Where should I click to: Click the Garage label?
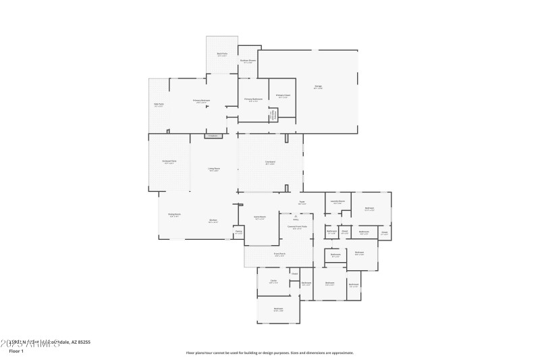(x=318, y=86)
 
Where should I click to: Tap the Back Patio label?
(x=222, y=53)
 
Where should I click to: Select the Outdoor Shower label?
(x=248, y=61)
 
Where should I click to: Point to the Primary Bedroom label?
(x=201, y=101)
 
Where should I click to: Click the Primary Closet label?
(x=283, y=96)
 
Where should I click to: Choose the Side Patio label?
(x=159, y=104)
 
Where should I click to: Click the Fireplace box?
(x=214, y=136)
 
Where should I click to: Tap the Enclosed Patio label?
(x=169, y=162)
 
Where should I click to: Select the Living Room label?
(x=214, y=169)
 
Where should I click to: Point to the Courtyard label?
(x=270, y=162)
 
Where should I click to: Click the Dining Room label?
(x=174, y=215)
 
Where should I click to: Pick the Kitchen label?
(x=213, y=220)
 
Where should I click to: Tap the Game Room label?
(x=260, y=217)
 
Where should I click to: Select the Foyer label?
(x=302, y=202)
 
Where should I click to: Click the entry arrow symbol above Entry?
(x=296, y=215)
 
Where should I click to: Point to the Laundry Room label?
(x=337, y=201)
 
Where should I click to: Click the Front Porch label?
(x=279, y=255)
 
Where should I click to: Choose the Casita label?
(x=273, y=281)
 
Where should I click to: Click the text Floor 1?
(x=16, y=351)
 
